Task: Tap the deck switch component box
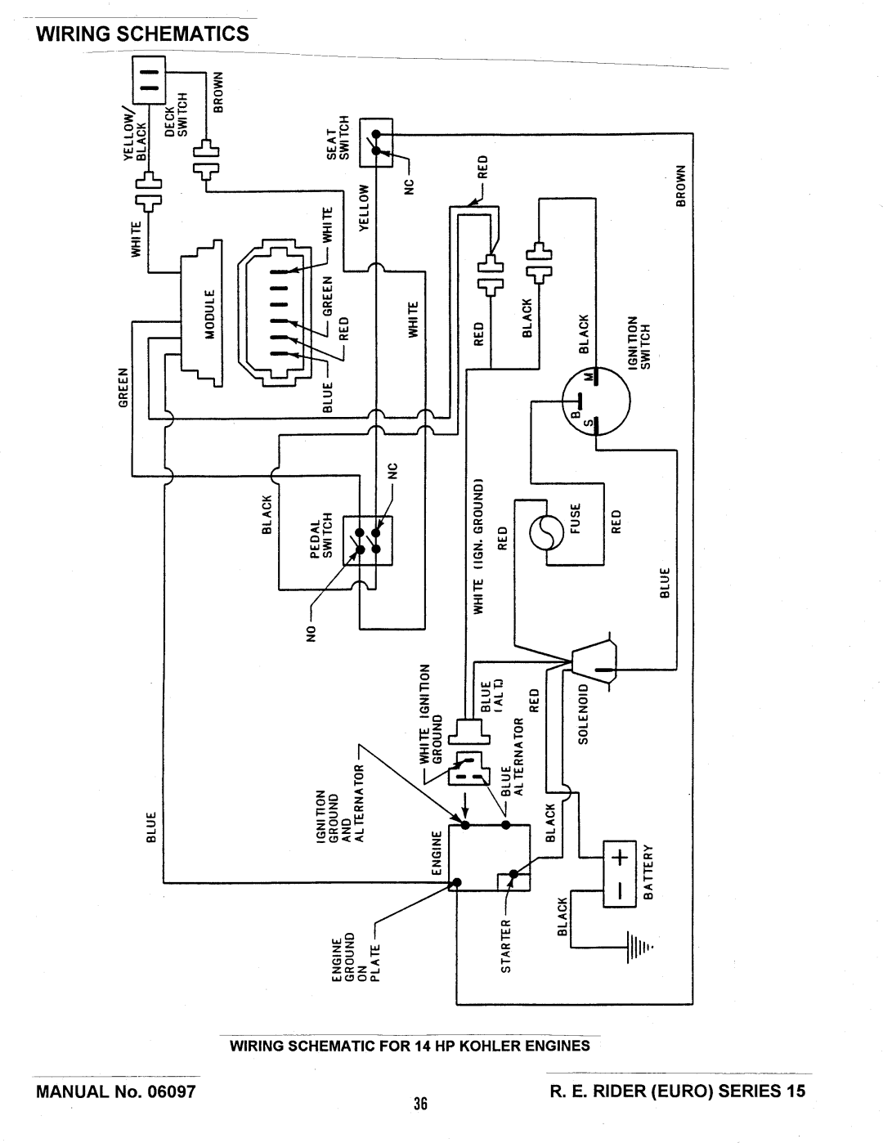click(x=150, y=78)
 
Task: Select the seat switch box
click(x=377, y=143)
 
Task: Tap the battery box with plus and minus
click(x=620, y=873)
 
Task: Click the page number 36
click(x=421, y=1103)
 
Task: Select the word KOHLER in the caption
click(x=489, y=1046)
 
